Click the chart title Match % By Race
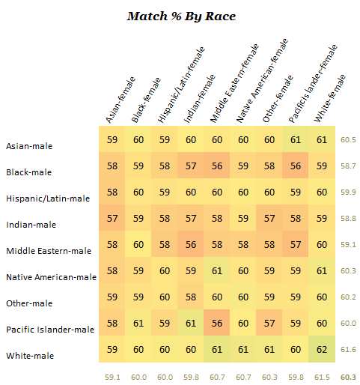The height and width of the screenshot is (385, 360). click(181, 16)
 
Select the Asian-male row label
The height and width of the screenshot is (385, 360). click(28, 146)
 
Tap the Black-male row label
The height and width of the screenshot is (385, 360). click(28, 172)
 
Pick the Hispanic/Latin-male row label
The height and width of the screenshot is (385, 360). click(47, 198)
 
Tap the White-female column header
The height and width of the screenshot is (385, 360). click(330, 98)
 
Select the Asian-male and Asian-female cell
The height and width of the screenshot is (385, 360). click(112, 140)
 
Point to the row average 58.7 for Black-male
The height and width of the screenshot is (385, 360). click(347, 166)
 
